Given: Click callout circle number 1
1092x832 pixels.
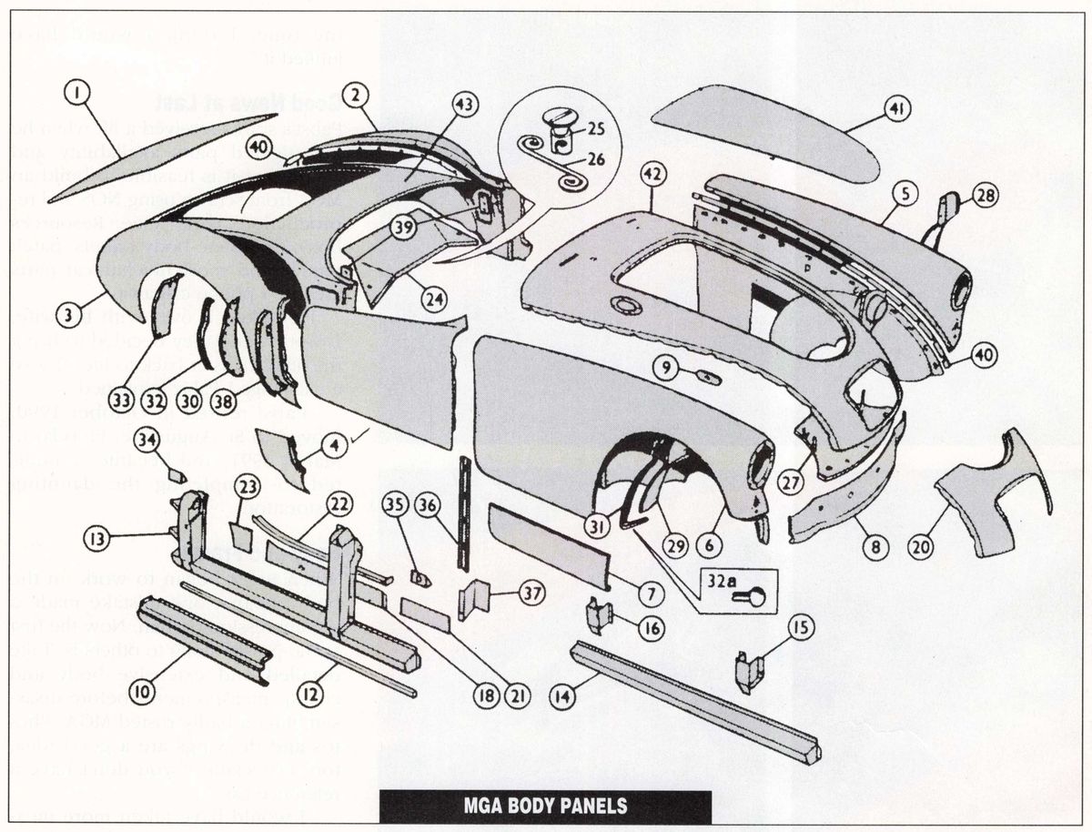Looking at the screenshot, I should coord(80,92).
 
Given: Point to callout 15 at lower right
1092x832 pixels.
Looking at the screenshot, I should coord(802,627).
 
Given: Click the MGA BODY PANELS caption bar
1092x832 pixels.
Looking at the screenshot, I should coord(544,806).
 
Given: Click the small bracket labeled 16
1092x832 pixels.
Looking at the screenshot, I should coord(598,616).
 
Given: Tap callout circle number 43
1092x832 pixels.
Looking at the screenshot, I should coord(464,106).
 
